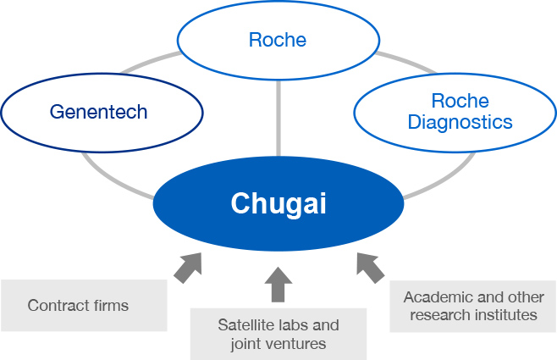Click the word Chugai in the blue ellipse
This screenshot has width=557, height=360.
[278, 203]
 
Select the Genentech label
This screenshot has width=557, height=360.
[99, 112]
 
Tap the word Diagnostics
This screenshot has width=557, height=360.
[460, 123]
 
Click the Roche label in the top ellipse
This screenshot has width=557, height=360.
[278, 40]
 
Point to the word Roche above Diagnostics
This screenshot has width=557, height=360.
[460, 101]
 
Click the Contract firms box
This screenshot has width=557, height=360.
[84, 305]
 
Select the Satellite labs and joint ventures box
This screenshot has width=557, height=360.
[278, 334]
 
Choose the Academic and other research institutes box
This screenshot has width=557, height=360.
[473, 306]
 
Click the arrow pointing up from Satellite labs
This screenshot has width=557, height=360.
[278, 285]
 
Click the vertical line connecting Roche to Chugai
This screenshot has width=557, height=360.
[278, 118]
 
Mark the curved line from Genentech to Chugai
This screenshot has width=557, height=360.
[113, 180]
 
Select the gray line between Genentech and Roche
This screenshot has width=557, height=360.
[150, 62]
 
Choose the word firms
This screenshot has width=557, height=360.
[111, 305]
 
